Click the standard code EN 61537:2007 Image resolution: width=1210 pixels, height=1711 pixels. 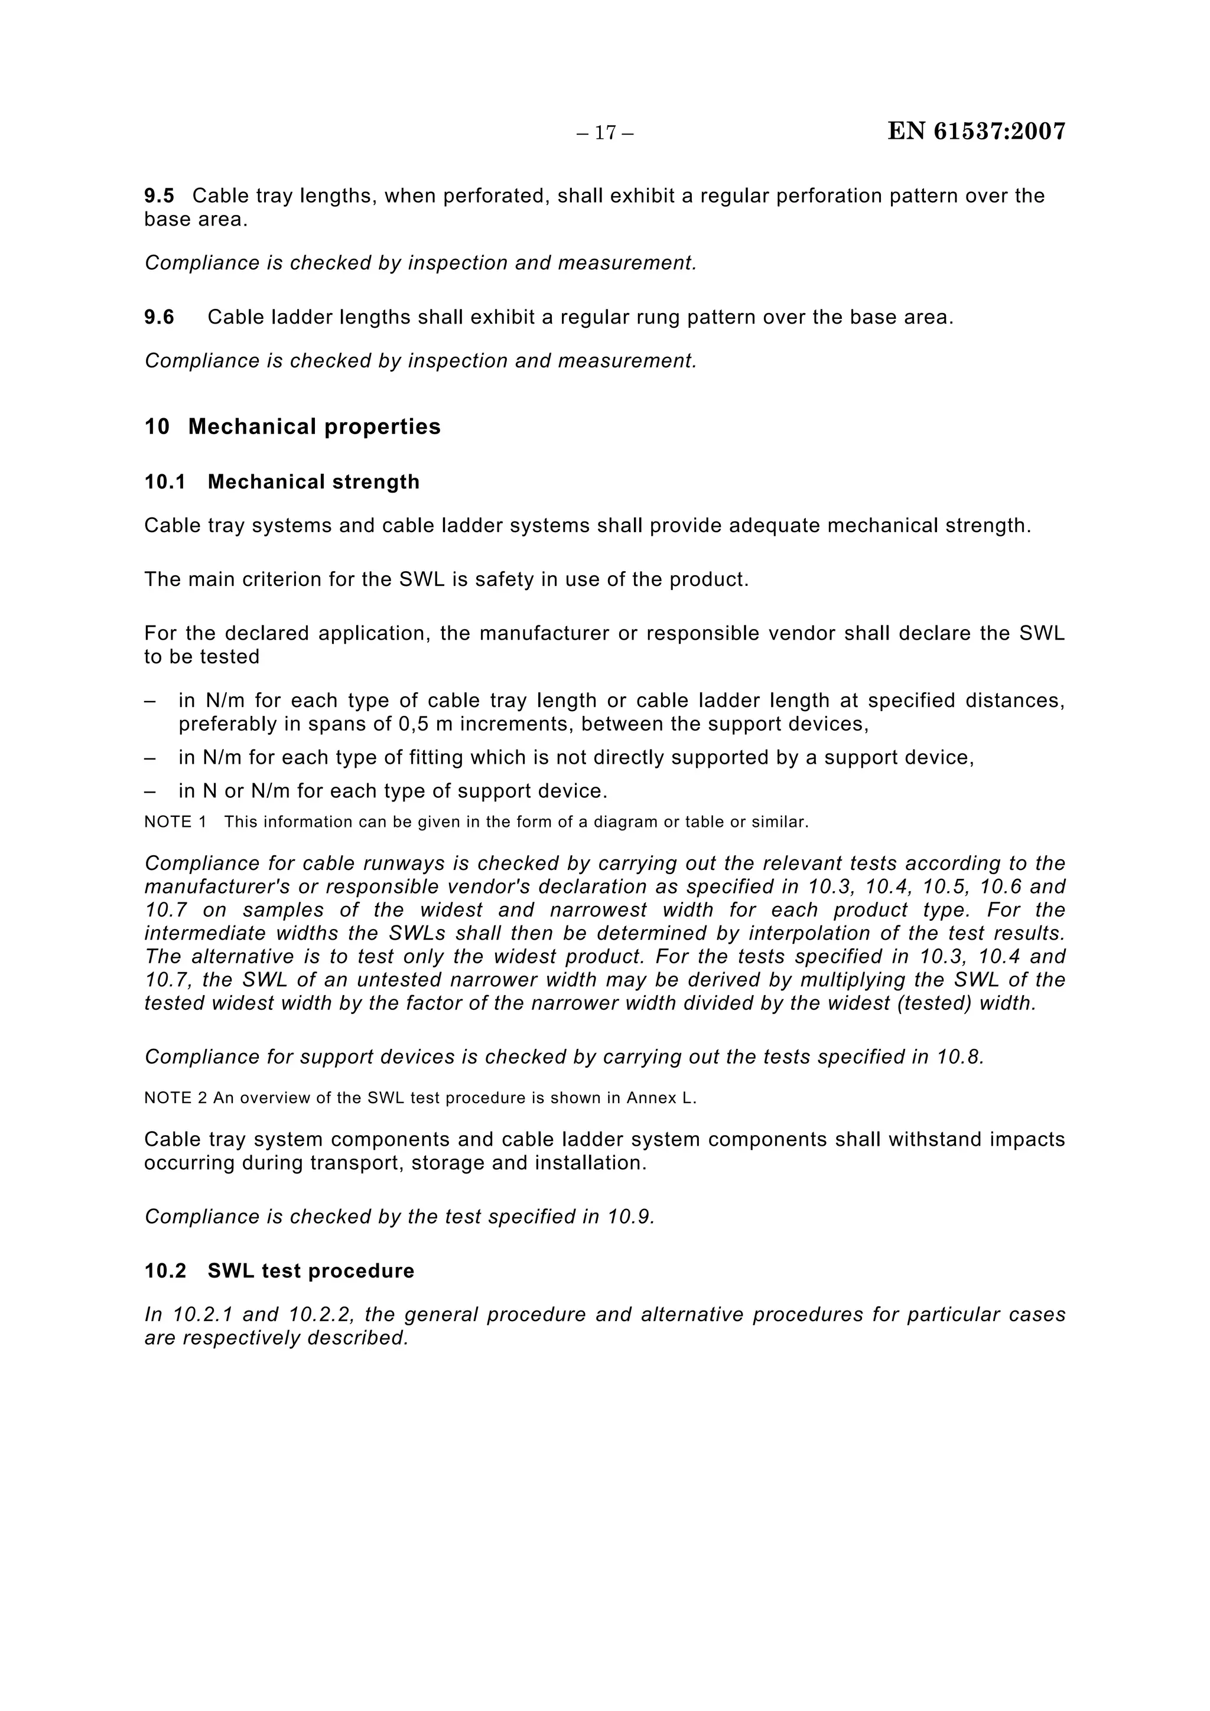click(976, 131)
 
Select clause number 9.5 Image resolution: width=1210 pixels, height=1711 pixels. click(159, 196)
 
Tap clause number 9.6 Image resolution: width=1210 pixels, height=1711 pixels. click(159, 318)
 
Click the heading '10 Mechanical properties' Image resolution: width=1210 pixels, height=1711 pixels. click(292, 427)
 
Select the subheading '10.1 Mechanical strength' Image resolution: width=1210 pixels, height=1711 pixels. click(282, 482)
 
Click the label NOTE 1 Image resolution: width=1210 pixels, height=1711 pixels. click(175, 822)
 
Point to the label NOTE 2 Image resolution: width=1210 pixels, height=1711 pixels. click(175, 1099)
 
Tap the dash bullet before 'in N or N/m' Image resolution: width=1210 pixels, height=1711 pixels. click(150, 791)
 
